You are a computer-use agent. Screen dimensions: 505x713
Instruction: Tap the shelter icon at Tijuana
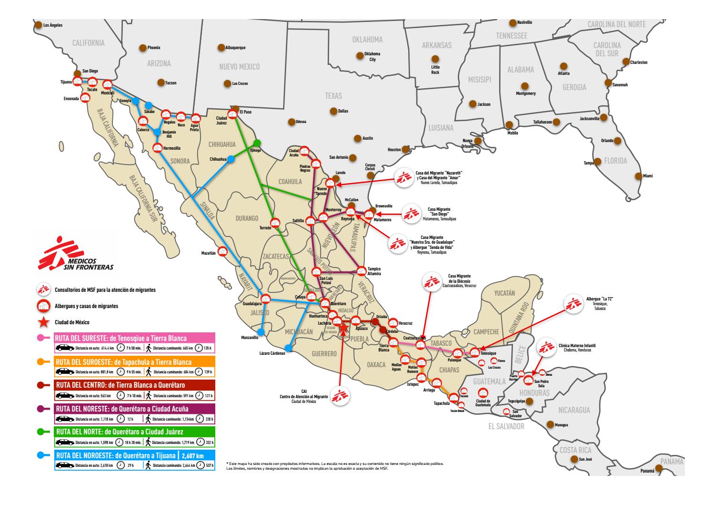(x=77, y=82)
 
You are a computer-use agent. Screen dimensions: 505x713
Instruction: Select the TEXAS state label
(x=333, y=96)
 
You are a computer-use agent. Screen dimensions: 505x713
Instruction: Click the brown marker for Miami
(x=638, y=175)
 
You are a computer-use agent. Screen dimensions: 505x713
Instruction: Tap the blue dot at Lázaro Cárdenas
(x=287, y=348)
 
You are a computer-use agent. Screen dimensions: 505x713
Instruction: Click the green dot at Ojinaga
(x=257, y=143)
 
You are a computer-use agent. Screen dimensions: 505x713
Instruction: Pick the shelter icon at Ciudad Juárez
(x=232, y=114)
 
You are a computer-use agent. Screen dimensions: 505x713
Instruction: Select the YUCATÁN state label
(x=504, y=293)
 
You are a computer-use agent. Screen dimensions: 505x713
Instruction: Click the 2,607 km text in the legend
(x=196, y=455)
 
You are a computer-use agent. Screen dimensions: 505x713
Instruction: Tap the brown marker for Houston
(x=405, y=149)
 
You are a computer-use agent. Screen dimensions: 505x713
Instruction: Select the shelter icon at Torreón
(x=275, y=222)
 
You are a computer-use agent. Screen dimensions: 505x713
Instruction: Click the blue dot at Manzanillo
(x=261, y=332)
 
